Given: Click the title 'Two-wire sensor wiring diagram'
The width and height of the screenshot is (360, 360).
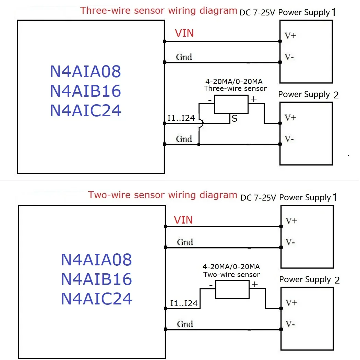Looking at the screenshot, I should click(163, 195).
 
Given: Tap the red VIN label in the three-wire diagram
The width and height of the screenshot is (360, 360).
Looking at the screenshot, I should click(184, 33).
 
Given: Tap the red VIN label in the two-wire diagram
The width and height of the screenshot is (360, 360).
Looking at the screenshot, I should click(183, 220).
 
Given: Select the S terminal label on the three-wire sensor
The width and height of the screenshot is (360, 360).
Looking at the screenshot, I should click(235, 119).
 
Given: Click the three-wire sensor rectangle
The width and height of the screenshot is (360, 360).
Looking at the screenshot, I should click(231, 104).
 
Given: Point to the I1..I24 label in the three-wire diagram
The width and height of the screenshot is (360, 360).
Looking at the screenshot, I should click(181, 118).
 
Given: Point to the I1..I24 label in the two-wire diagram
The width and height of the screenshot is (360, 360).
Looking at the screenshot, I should click(184, 303).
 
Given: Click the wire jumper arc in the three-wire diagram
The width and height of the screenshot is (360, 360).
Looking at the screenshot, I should click(201, 124).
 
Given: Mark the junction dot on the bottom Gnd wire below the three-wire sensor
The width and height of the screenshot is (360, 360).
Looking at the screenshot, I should click(199, 145).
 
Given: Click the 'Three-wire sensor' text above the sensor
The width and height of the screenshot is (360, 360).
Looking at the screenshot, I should click(235, 88).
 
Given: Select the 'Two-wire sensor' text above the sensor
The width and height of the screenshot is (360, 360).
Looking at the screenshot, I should click(231, 275).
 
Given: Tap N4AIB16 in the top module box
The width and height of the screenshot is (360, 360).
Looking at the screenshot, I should click(85, 91).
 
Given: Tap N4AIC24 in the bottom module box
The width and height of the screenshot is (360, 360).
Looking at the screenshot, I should click(96, 299).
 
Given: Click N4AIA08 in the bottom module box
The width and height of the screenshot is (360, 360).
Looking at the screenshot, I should click(96, 260).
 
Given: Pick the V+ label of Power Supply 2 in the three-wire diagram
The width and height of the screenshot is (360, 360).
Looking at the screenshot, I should click(290, 118).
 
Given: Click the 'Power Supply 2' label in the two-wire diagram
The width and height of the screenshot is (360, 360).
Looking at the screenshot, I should click(309, 280).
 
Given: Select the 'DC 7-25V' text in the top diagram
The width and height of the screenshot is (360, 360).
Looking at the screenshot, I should click(258, 13).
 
